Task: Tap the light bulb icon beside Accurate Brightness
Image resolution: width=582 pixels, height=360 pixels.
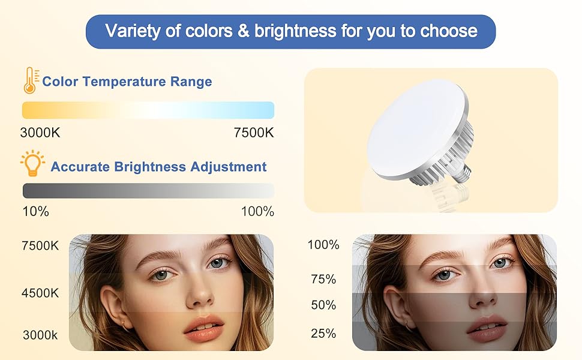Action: (32, 163)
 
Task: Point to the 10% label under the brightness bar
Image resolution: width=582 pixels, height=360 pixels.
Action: (35, 211)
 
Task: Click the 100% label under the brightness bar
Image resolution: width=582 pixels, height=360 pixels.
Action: (257, 211)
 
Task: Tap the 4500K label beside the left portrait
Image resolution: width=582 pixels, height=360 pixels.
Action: (40, 293)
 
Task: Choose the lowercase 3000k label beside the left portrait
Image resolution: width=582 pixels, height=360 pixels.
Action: (40, 335)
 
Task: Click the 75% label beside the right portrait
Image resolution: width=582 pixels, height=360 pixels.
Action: (323, 279)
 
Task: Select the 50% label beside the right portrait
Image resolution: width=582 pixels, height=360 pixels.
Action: (323, 305)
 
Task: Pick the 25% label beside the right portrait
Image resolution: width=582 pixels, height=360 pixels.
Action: (323, 334)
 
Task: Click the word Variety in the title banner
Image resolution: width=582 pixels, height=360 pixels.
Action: (129, 31)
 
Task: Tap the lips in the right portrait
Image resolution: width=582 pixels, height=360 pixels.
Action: (487, 328)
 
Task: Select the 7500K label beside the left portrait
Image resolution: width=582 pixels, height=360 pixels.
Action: (40, 246)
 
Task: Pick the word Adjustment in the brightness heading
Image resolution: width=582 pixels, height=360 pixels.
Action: (229, 166)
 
